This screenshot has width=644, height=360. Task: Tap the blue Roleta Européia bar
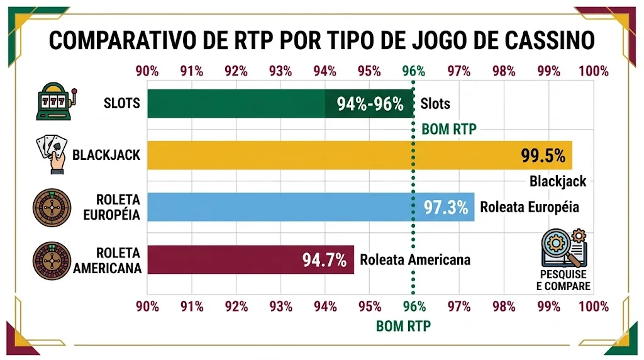[283, 207]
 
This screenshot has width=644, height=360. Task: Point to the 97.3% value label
[446, 207]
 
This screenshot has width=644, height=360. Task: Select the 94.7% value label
[325, 259]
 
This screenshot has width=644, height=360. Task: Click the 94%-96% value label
[370, 104]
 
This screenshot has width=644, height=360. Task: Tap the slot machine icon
[55, 103]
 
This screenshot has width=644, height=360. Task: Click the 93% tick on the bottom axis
[280, 307]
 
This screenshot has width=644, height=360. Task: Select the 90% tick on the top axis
[147, 71]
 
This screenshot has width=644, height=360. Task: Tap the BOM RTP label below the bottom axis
[402, 327]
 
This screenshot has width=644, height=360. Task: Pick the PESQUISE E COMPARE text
[564, 281]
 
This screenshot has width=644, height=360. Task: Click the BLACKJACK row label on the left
[106, 155]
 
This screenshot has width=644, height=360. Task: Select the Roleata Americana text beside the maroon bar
[414, 260]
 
